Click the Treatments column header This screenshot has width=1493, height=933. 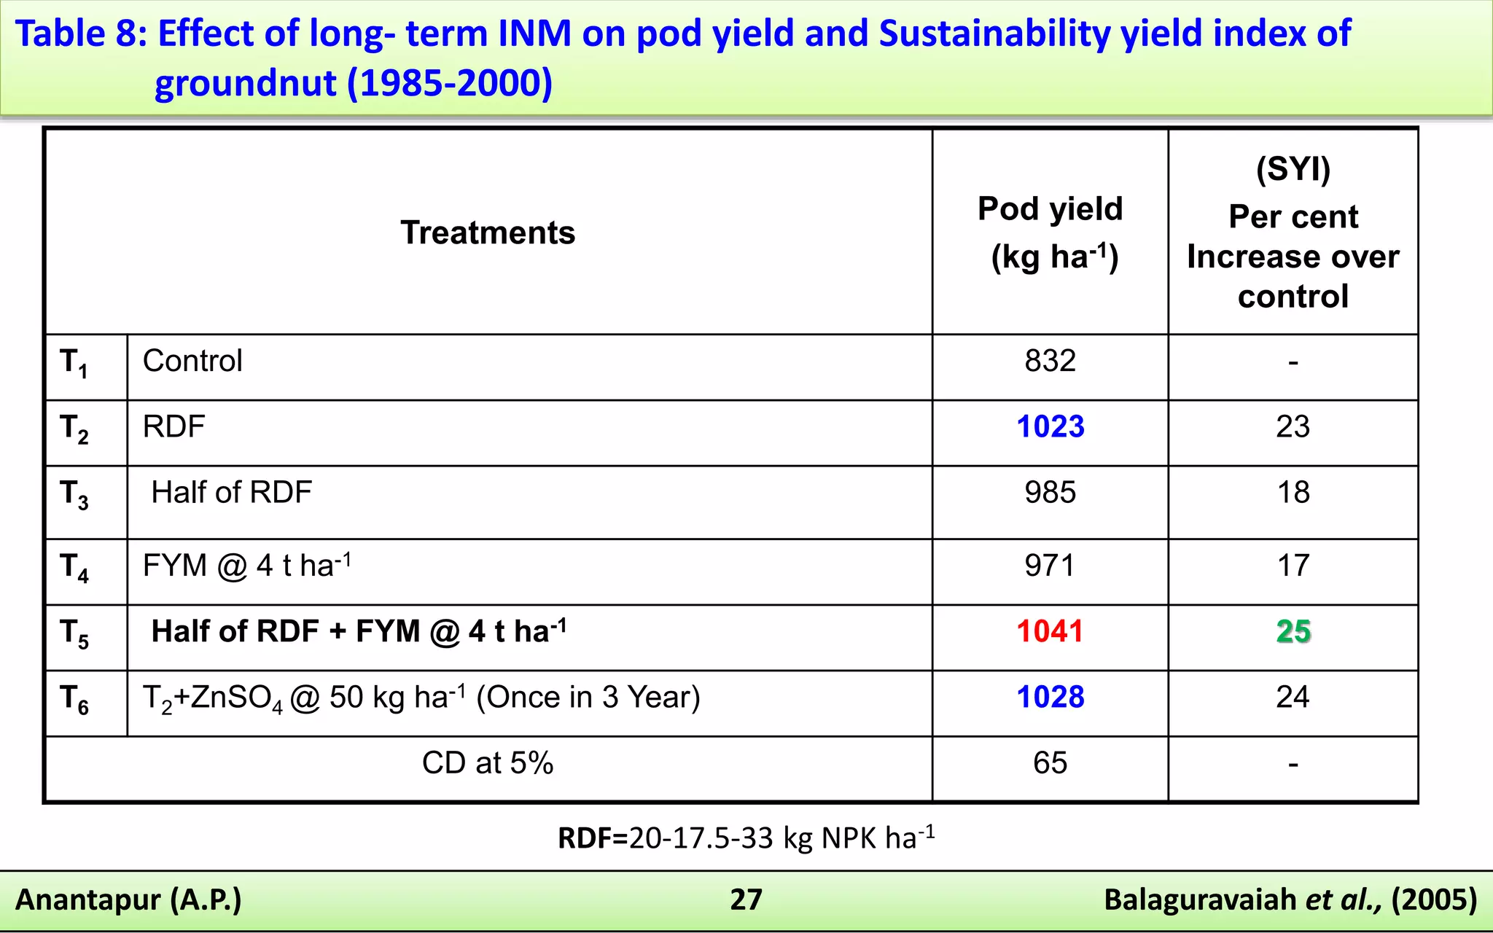tap(488, 233)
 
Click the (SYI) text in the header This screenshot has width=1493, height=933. tap(1293, 169)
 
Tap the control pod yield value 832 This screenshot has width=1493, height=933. tap(1050, 361)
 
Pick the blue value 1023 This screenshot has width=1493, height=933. tap(1050, 426)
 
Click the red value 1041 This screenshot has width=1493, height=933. tap(1050, 631)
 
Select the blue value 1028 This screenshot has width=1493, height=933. tap(1050, 697)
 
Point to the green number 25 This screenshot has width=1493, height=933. tap(1293, 631)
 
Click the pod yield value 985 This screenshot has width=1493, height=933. tap(1050, 493)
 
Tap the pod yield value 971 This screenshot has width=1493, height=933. tap(1050, 566)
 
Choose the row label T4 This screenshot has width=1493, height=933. tap(74, 567)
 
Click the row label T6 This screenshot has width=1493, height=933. tap(74, 699)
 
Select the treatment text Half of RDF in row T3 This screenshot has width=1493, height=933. tap(231, 493)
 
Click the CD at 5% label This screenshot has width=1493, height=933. tap(488, 763)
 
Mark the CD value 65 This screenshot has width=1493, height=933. tap(1050, 763)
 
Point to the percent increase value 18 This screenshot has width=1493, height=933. tap(1293, 493)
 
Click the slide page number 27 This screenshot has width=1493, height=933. tap(746, 899)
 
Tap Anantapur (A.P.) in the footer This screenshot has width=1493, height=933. tap(128, 899)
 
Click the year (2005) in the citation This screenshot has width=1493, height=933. tap(1433, 899)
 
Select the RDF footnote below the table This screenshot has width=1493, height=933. tap(746, 838)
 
